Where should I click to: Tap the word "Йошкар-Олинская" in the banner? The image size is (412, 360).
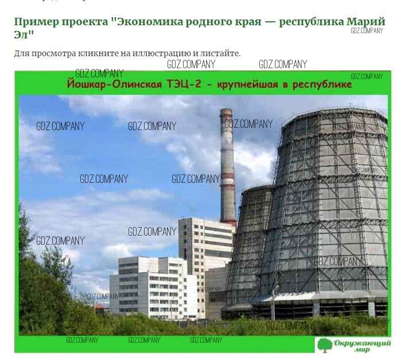(114, 84)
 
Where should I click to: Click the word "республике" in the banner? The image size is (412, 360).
(322, 84)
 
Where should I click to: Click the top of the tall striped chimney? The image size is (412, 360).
(226, 110)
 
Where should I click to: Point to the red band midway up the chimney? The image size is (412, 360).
(228, 175)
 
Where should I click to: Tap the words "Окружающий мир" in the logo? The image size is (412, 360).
(362, 346)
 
